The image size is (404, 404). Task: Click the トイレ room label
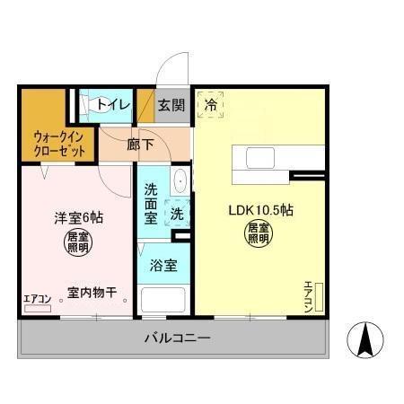pyautogui.click(x=114, y=106)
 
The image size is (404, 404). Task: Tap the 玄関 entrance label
pyautogui.click(x=171, y=106)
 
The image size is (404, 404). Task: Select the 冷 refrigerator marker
pyautogui.click(x=211, y=105)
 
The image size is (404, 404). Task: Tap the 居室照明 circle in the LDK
pyautogui.click(x=259, y=234)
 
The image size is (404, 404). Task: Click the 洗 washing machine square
pyautogui.click(x=177, y=215)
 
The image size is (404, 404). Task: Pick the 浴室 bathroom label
pyautogui.click(x=162, y=266)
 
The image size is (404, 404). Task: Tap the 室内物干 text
pyautogui.click(x=92, y=293)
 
